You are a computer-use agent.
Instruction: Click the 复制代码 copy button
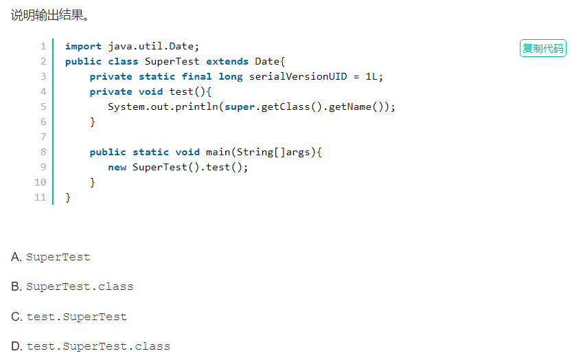click(x=542, y=48)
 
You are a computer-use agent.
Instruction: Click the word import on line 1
click(x=83, y=46)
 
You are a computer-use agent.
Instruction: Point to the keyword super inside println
click(x=240, y=106)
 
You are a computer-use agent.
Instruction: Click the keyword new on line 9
click(x=117, y=167)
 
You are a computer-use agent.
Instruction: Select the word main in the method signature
click(x=218, y=152)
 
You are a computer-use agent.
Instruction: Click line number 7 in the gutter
click(x=43, y=137)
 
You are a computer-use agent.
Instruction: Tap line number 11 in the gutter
click(x=41, y=197)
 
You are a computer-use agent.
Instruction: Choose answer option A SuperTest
click(x=58, y=257)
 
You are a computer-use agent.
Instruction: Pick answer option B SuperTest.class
click(x=79, y=286)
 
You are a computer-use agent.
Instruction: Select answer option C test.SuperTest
click(x=76, y=317)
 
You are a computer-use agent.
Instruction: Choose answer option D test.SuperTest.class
click(x=98, y=346)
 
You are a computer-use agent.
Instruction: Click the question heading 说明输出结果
click(x=50, y=14)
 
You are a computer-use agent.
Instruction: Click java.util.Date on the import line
click(x=153, y=46)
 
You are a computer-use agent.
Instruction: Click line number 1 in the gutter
click(x=43, y=46)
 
